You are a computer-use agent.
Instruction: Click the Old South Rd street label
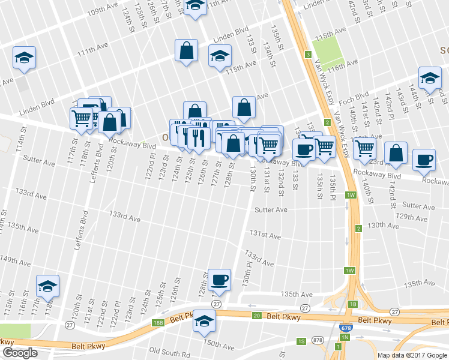(x=170, y=350)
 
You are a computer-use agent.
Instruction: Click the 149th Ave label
(x=14, y=260)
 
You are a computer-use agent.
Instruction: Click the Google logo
(x=20, y=353)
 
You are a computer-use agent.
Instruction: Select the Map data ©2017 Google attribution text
(x=412, y=355)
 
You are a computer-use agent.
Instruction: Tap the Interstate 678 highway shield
(x=358, y=329)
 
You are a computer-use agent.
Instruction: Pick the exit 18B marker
(x=158, y=323)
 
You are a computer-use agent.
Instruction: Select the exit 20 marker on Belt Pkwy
(x=256, y=316)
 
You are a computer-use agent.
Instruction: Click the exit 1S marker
(x=301, y=341)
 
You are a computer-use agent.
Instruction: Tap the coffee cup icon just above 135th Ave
(x=219, y=279)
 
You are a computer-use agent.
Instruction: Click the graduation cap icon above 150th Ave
(x=204, y=321)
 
